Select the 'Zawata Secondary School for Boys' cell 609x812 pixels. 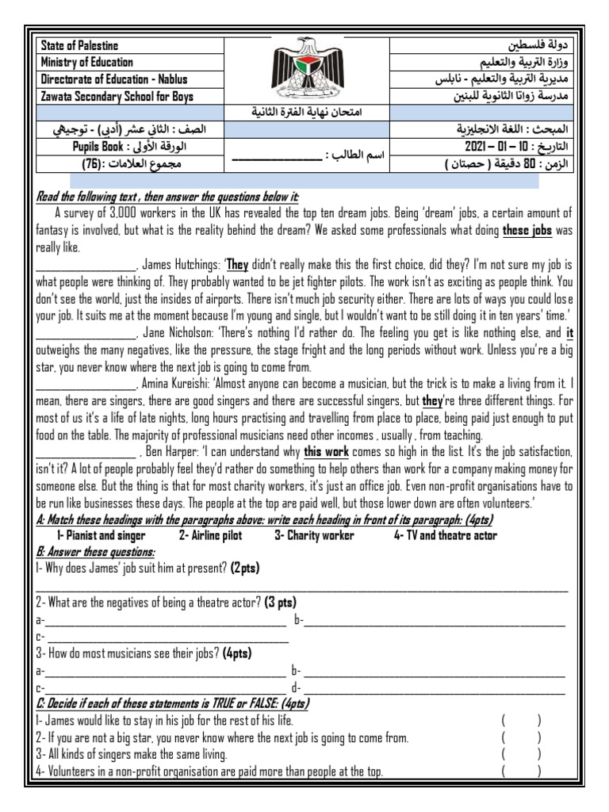click(117, 97)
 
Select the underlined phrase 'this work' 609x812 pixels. click(326, 451)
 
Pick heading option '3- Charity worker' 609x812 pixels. click(314, 535)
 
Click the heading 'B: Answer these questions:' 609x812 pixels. click(96, 552)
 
